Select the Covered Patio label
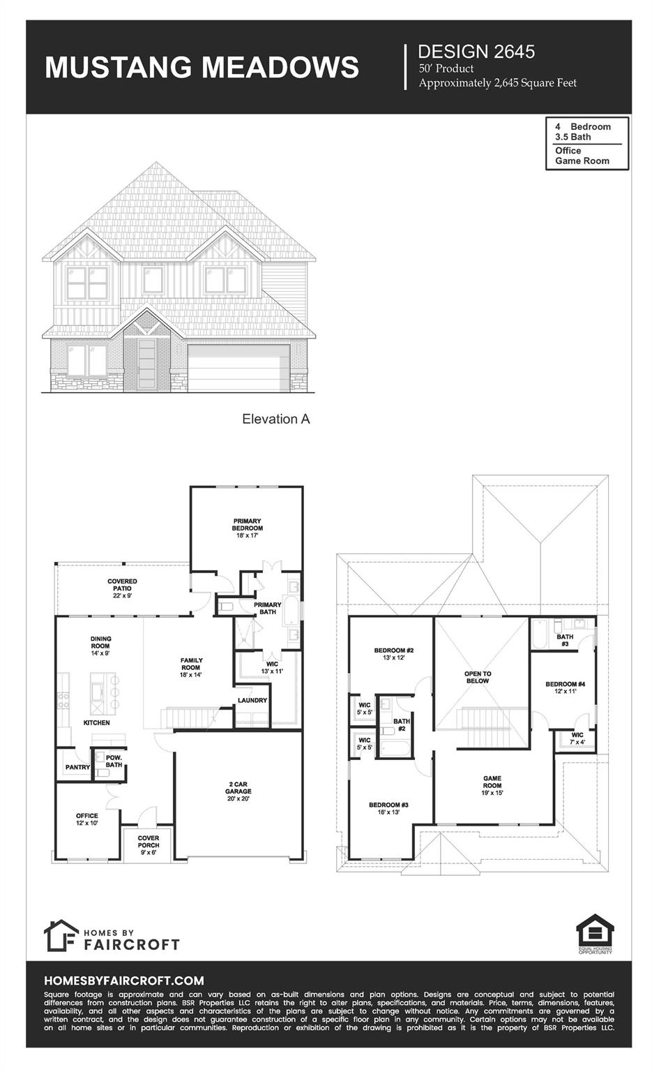pos(122,585)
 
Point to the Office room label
pos(87,819)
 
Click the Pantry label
pos(77,767)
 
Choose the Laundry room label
pos(252,700)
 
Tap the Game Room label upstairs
pos(492,785)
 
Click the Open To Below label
pos(478,677)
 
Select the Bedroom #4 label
pos(565,687)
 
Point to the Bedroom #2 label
pos(394,653)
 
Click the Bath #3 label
pos(565,640)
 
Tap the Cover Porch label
pos(148,842)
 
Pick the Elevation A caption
pos(275,419)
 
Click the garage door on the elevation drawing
pos(238,368)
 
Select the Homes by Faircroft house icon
pos(61,935)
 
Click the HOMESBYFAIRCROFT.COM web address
pos(124,981)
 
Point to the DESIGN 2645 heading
pos(476,51)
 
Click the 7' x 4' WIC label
pos(577,738)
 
